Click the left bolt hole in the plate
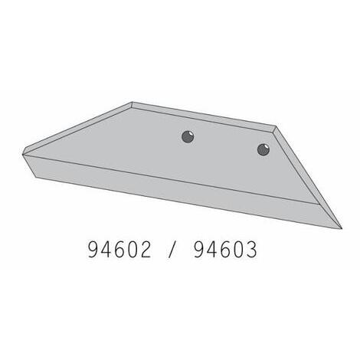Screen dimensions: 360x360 pos(188,137)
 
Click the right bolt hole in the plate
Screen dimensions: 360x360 pos(263,149)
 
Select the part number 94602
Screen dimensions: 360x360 pos(119,250)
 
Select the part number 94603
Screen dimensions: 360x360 pos(225,250)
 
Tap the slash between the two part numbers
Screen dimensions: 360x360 pos(172,250)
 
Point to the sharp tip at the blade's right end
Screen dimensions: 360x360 pos(342,228)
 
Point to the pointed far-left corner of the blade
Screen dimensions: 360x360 pos(23,154)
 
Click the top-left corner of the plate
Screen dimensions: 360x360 pos(132,102)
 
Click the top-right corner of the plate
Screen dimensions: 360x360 pos(276,126)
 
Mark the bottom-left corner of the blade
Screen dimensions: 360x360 pos(35,177)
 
